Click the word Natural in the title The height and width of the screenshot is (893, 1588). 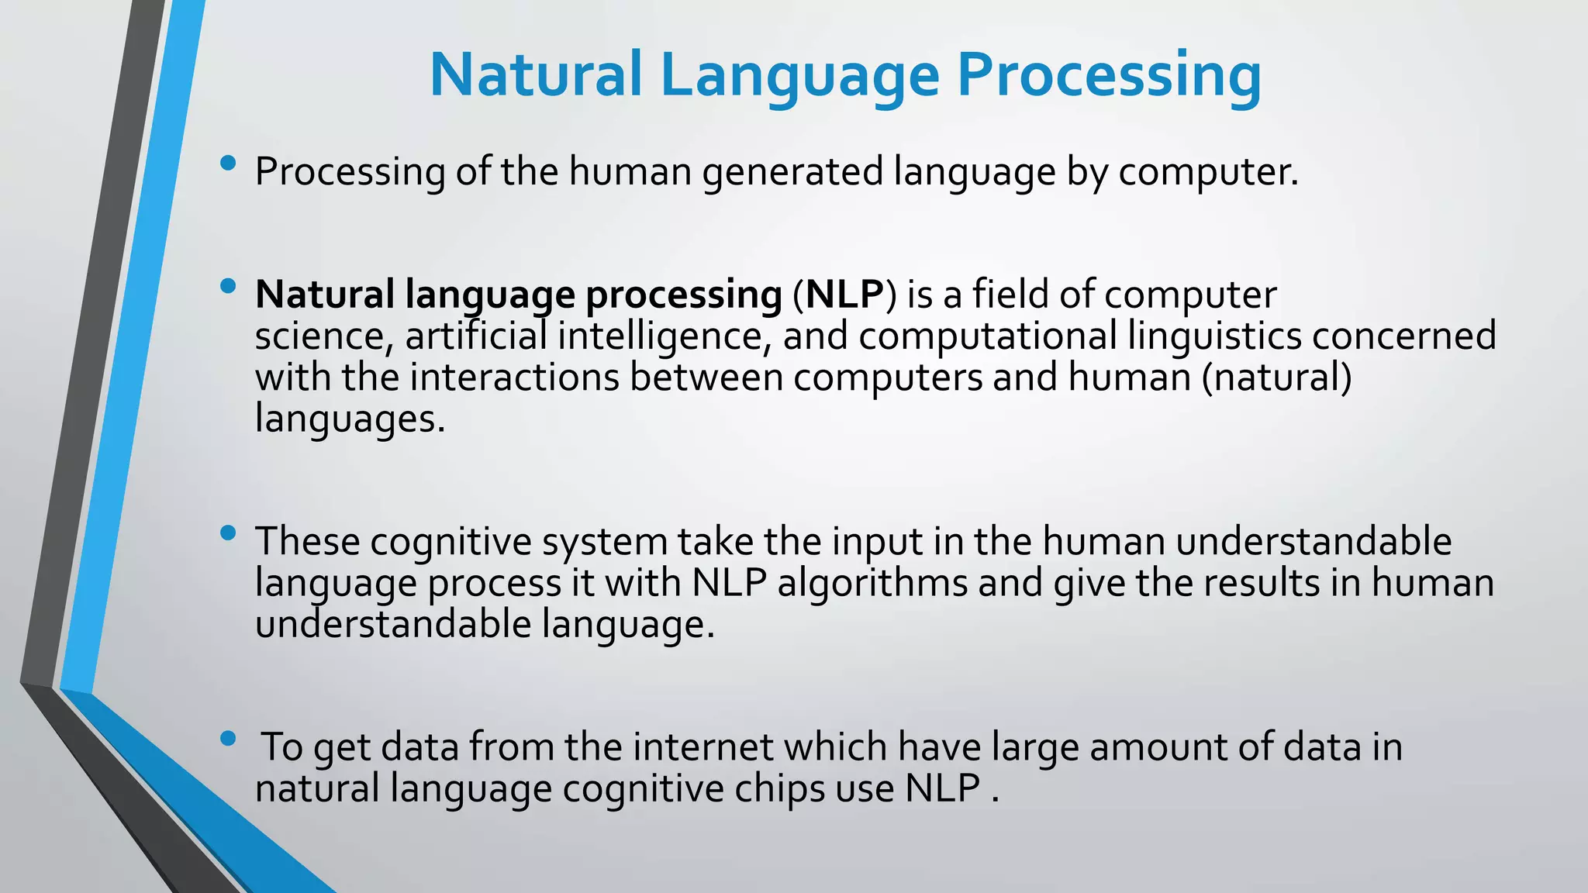point(535,75)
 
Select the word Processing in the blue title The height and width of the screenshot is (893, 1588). point(1109,75)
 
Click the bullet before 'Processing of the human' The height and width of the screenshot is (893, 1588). point(227,164)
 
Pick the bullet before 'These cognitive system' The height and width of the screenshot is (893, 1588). point(227,533)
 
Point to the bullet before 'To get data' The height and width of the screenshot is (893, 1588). point(227,739)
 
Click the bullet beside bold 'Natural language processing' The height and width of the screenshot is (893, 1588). point(227,287)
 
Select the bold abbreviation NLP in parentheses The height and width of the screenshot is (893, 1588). point(844,295)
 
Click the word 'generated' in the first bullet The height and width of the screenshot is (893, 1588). point(792,172)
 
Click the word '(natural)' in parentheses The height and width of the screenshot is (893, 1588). point(1276,378)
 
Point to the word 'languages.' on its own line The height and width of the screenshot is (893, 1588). point(350,419)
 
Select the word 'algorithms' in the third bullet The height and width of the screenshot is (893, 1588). point(872,583)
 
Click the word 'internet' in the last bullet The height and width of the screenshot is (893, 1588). point(703,747)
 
